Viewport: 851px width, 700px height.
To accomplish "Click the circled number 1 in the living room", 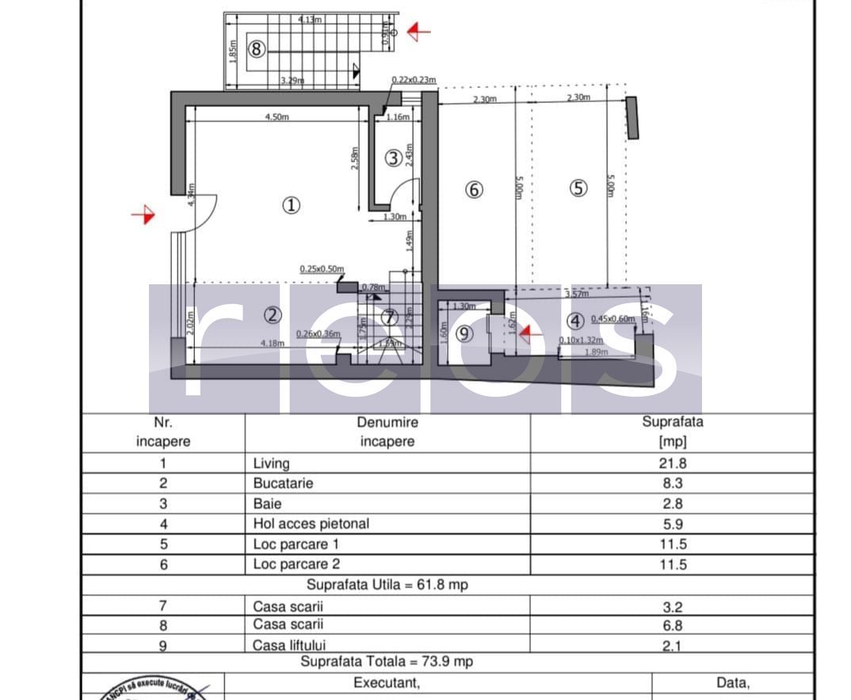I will click(291, 206).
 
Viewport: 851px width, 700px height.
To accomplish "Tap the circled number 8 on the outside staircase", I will click(256, 49).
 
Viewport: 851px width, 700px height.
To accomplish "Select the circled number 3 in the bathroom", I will click(393, 158).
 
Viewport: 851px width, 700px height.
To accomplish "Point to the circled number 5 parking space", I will click(579, 188).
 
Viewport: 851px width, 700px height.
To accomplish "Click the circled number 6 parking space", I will click(474, 190).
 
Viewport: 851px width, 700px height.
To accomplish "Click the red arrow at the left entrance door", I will click(143, 215).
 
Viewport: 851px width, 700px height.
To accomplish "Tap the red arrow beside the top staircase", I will click(418, 32).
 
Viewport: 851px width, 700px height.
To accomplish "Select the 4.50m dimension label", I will click(277, 116).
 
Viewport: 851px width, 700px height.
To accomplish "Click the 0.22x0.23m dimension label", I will click(414, 80).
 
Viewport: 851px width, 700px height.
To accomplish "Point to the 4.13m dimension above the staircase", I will click(310, 20).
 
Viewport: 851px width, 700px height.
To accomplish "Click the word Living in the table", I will click(271, 463).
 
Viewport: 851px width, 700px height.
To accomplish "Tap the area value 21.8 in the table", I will click(672, 463).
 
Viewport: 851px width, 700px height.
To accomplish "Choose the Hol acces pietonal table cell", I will click(311, 523).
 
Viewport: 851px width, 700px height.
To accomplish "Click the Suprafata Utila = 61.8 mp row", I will click(386, 585).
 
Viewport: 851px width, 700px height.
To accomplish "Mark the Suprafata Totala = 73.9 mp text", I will click(386, 661).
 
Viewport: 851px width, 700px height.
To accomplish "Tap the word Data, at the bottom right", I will click(732, 683).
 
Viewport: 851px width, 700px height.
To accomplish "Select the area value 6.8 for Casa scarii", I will click(672, 625).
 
